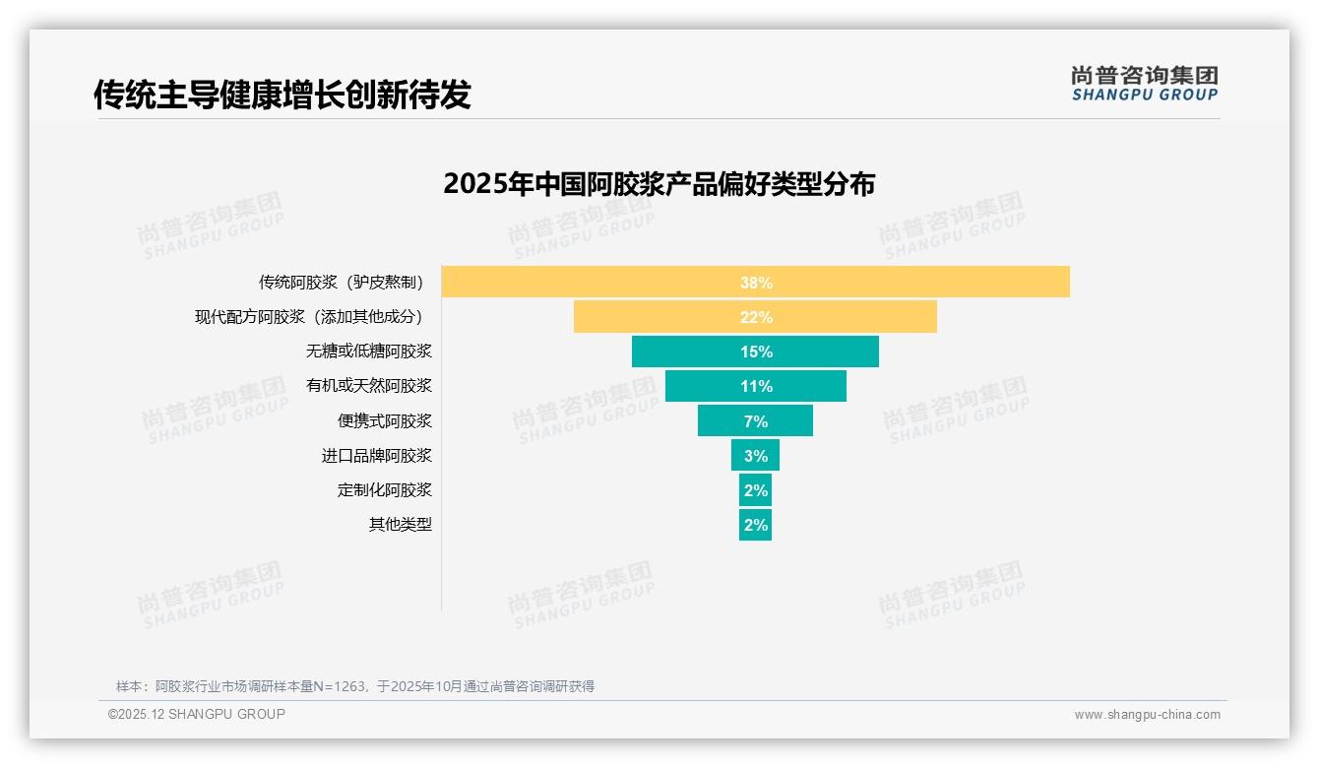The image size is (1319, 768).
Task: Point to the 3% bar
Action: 755,455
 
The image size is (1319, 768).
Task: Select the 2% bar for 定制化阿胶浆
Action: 755,489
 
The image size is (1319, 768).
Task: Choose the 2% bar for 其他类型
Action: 755,524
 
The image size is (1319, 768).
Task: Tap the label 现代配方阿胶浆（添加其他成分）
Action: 311,317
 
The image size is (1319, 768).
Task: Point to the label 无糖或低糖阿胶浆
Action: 368,352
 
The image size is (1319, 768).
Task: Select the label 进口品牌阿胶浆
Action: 376,455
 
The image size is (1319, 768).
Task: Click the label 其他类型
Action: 400,524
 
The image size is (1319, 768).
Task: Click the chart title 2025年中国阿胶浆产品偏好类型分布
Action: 659,184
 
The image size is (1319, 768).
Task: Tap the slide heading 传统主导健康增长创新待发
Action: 283,95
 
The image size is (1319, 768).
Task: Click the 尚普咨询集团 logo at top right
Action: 1144,84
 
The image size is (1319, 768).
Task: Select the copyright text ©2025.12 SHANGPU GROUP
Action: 196,714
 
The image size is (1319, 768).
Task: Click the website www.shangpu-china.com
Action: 1147,715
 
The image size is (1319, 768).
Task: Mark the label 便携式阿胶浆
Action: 384,420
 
